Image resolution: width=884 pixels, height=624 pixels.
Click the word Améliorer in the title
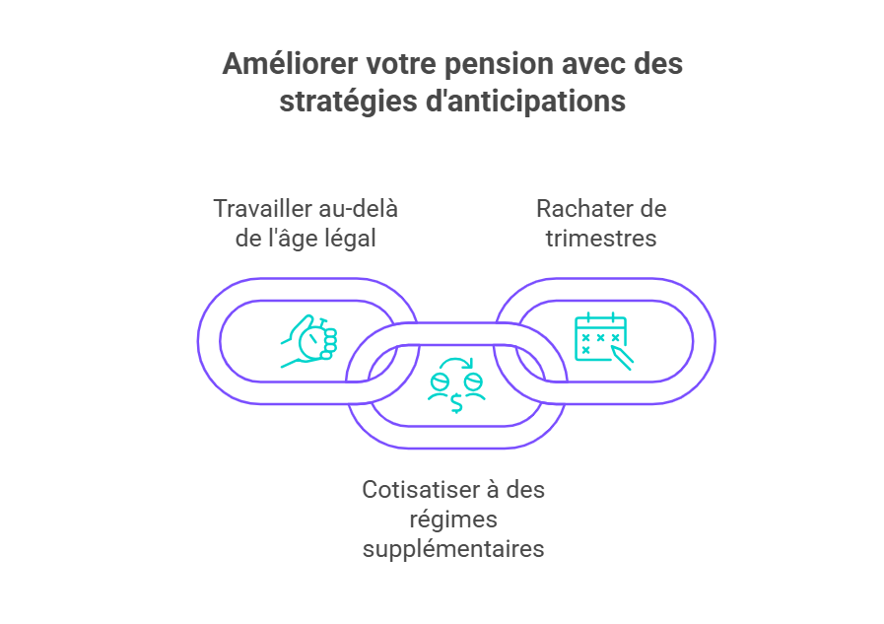click(290, 63)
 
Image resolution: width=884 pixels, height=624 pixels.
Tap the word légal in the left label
click(350, 239)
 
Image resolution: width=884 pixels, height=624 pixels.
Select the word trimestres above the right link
click(601, 239)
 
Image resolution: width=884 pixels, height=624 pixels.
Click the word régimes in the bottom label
click(453, 520)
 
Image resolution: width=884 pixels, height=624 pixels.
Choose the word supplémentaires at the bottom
click(453, 549)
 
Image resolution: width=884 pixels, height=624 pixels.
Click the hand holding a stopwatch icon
click(308, 342)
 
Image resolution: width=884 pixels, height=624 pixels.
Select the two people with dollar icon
click(456, 385)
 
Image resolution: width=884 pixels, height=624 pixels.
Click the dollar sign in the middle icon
click(456, 402)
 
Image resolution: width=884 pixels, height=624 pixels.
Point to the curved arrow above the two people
click(456, 363)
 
